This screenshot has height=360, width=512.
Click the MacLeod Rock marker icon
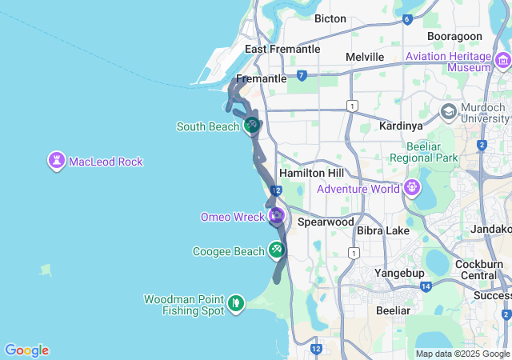57,161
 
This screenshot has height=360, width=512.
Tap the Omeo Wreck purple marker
277,216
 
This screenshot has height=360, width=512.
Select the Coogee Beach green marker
276,250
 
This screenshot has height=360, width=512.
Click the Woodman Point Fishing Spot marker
236,303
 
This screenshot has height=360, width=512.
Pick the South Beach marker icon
251,125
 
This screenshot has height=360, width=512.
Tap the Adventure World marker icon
412,189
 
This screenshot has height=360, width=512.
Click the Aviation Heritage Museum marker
502,61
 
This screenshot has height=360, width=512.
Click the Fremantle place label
261,79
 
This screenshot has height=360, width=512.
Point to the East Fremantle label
282,49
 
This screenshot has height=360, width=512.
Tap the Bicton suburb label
330,18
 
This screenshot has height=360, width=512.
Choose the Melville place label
365,57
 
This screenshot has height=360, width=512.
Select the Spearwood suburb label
326,222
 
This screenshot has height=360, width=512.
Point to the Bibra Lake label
383,230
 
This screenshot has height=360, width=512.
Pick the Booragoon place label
454,37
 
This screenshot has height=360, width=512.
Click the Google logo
26,350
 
